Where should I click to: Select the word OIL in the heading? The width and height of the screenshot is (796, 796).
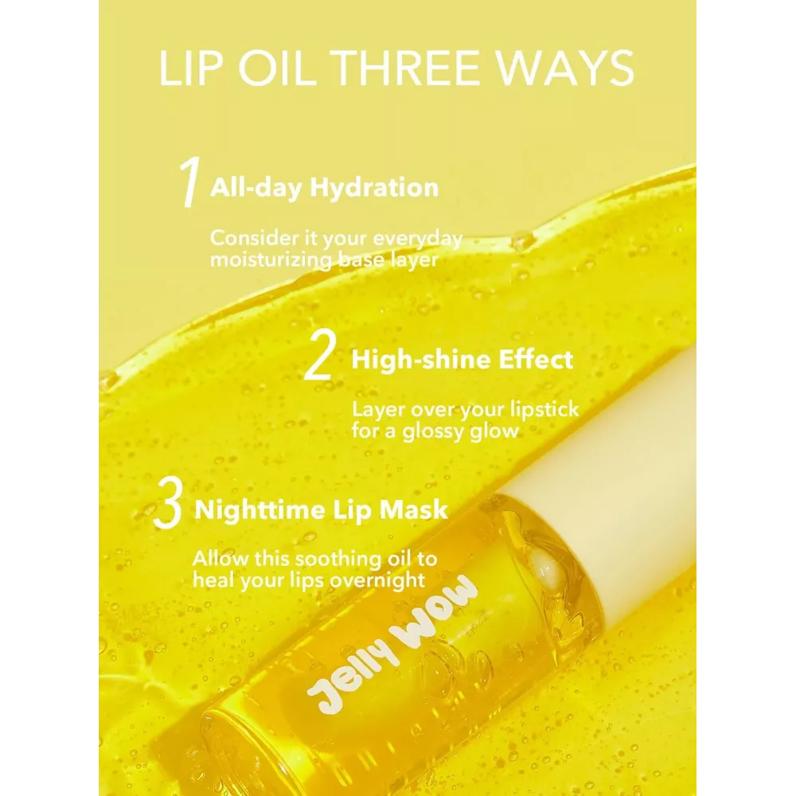pos(275,68)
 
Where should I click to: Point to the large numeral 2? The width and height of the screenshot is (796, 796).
pos(319,354)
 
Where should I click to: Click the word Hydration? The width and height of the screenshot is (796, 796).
pos(374,189)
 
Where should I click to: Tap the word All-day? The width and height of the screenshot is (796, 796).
pos(256,189)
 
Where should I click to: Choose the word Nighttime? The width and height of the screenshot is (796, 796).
pos(263,510)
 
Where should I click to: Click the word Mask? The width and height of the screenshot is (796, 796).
pos(414,510)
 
